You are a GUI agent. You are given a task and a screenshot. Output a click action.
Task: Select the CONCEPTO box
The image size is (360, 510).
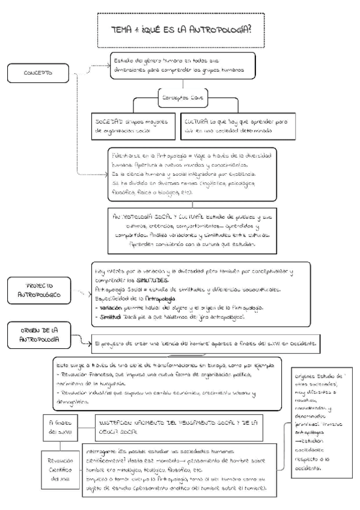click(x=38, y=73)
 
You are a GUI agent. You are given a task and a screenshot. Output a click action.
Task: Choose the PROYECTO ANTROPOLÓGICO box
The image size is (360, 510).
click(x=38, y=290)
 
